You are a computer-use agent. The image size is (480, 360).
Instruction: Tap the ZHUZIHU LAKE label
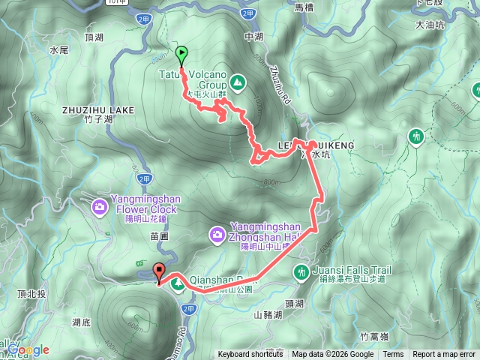pyautogui.click(x=98, y=109)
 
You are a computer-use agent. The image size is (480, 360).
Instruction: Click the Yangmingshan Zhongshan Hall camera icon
pyautogui.click(x=217, y=235)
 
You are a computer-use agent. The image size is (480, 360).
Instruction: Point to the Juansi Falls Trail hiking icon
pyautogui.click(x=301, y=271)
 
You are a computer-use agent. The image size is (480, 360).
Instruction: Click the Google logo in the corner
pyautogui.click(x=29, y=349)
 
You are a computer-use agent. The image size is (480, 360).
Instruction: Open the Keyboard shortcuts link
pyautogui.click(x=250, y=355)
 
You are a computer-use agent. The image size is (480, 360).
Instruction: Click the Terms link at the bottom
pyautogui.click(x=393, y=355)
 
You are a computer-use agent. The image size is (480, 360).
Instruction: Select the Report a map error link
pyautogui.click(x=444, y=355)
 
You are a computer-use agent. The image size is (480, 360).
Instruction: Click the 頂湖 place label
pyautogui.click(x=94, y=36)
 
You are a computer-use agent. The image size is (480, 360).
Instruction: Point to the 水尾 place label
pyautogui.click(x=58, y=49)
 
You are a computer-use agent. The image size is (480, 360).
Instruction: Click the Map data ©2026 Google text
pyautogui.click(x=333, y=355)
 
